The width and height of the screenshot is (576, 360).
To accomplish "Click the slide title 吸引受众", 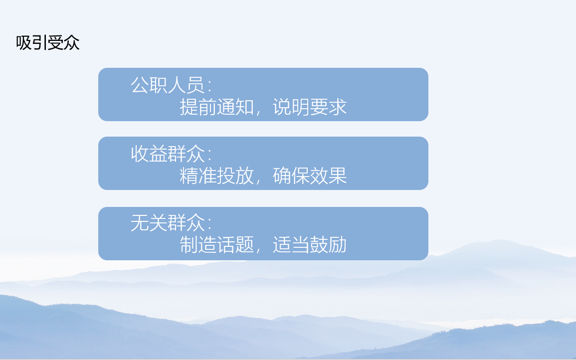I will [x=48, y=43].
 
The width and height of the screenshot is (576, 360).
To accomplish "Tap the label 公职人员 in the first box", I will [x=168, y=85].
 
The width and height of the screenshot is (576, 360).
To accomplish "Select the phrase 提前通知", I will [x=216, y=107].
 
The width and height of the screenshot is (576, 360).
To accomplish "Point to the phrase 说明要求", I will [x=310, y=107].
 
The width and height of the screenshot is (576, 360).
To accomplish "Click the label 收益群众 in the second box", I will [x=168, y=154].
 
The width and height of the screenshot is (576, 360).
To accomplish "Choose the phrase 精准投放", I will [x=216, y=176].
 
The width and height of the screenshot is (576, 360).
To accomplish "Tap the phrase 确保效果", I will [x=310, y=176].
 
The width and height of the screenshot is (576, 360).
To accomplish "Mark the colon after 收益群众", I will [x=209, y=156].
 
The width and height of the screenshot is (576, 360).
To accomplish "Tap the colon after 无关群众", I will [x=209, y=224].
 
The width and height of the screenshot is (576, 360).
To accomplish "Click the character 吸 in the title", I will [x=24, y=43].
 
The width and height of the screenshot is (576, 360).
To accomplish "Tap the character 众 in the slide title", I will [x=72, y=43].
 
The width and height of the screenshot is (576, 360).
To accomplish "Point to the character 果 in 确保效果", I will [x=338, y=176].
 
